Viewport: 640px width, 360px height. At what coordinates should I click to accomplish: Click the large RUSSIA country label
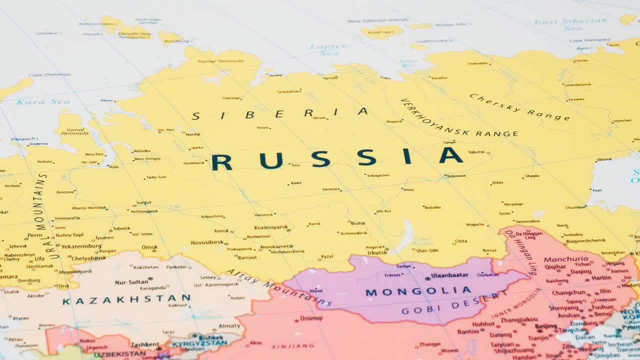337,158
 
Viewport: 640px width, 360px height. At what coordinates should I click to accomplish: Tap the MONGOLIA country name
418,291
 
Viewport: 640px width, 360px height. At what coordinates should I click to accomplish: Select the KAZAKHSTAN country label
126,300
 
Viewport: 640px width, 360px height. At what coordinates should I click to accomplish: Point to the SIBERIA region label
280,113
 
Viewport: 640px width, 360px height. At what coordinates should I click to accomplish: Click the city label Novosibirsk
206,242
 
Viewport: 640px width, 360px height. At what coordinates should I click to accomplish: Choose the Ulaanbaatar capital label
449,275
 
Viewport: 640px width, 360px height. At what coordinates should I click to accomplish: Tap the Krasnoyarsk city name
271,227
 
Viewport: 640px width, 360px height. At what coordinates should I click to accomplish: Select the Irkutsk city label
377,252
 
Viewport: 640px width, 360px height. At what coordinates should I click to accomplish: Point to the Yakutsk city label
476,152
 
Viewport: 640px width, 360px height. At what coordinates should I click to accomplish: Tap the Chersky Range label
518,107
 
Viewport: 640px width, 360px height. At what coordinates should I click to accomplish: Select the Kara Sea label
36,102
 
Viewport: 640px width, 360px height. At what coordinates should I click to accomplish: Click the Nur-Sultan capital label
131,282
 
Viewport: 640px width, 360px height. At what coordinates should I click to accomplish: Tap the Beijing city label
545,326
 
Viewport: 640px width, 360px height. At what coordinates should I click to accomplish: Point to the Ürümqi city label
311,318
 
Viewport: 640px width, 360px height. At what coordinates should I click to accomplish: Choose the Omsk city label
149,247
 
